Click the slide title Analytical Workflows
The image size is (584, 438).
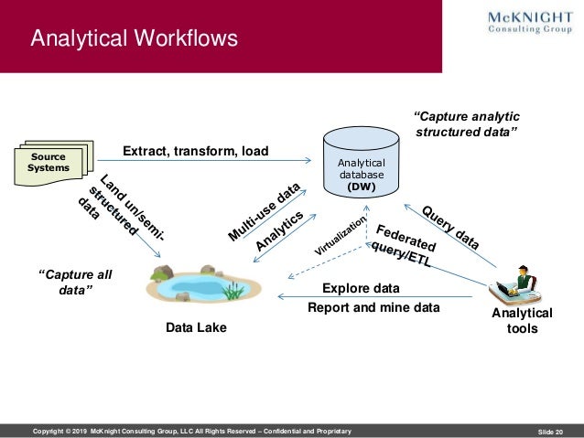point(134,38)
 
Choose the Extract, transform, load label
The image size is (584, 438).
point(195,151)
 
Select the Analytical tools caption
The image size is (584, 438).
point(522,320)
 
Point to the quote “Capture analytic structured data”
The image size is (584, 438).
point(467,125)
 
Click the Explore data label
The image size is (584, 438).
point(361,288)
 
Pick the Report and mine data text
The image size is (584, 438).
point(373,308)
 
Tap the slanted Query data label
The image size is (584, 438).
point(449,227)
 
